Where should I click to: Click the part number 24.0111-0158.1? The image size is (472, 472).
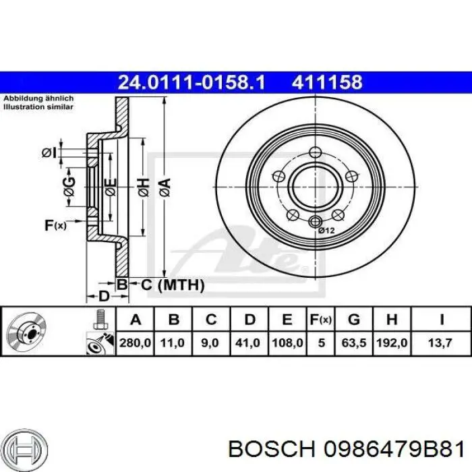[191, 83]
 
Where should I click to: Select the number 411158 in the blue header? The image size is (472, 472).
[327, 83]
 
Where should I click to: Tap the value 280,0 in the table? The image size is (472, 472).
[136, 343]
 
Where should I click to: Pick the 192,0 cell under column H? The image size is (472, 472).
[393, 343]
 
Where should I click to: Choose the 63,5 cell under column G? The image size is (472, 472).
[355, 343]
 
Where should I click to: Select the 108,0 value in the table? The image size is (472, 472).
[286, 343]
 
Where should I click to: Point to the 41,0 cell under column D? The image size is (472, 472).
[247, 343]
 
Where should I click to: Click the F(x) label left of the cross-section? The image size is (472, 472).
[55, 225]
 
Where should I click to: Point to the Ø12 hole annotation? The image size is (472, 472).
[326, 231]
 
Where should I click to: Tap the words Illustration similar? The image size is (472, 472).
[38, 107]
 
